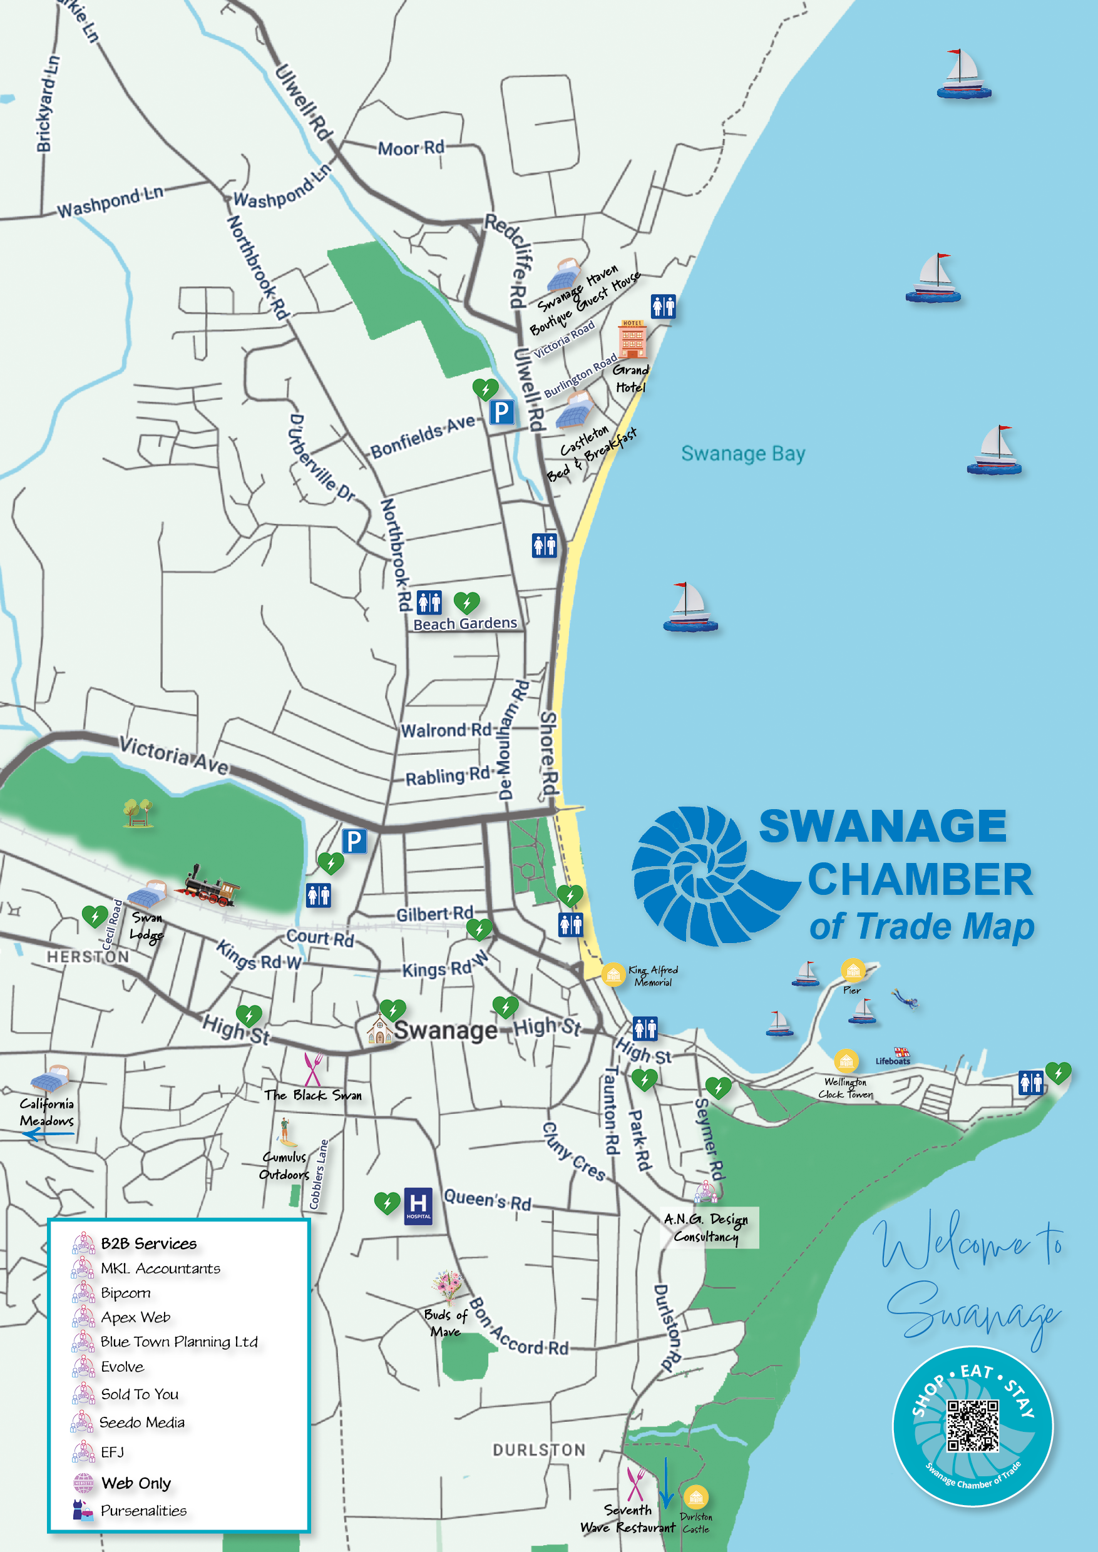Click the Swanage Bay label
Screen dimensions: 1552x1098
click(x=742, y=454)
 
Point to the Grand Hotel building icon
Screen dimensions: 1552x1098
click(x=632, y=340)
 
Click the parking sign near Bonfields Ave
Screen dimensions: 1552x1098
click(x=501, y=412)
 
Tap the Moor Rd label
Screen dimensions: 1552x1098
click(x=411, y=148)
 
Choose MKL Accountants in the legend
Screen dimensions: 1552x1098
click(x=160, y=1268)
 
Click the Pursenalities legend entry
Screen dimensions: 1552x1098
click(x=143, y=1510)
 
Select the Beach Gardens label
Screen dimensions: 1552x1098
click(x=465, y=623)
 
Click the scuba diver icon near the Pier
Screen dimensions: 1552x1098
click(x=904, y=998)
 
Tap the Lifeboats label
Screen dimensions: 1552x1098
click(x=893, y=1061)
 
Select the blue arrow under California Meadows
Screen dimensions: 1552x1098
click(x=49, y=1134)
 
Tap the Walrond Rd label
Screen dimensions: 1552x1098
click(x=446, y=730)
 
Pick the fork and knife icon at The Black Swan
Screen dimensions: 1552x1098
click(x=312, y=1069)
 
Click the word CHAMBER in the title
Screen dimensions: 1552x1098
click(x=920, y=879)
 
